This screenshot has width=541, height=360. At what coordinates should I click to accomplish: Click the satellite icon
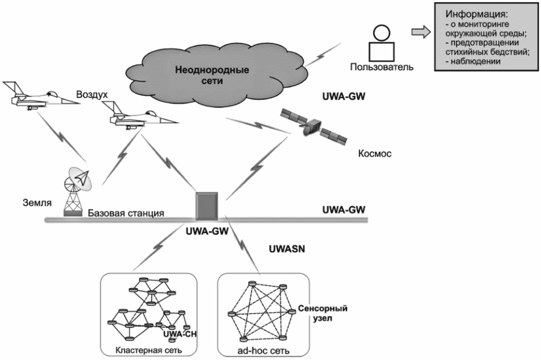(x=312, y=126)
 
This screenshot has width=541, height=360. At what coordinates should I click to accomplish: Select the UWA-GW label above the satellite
(x=345, y=97)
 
